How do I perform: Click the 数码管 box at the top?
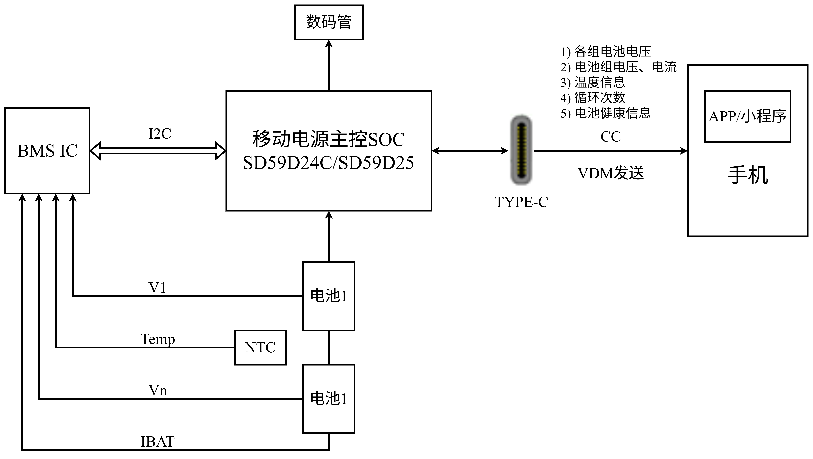[x=329, y=22]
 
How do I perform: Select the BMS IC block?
[x=47, y=151]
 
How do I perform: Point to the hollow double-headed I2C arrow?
[x=158, y=151]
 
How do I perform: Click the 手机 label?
[x=747, y=175]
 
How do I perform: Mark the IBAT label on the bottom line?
[x=157, y=442]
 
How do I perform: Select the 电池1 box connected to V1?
[x=329, y=296]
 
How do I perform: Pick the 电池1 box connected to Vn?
[x=329, y=399]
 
